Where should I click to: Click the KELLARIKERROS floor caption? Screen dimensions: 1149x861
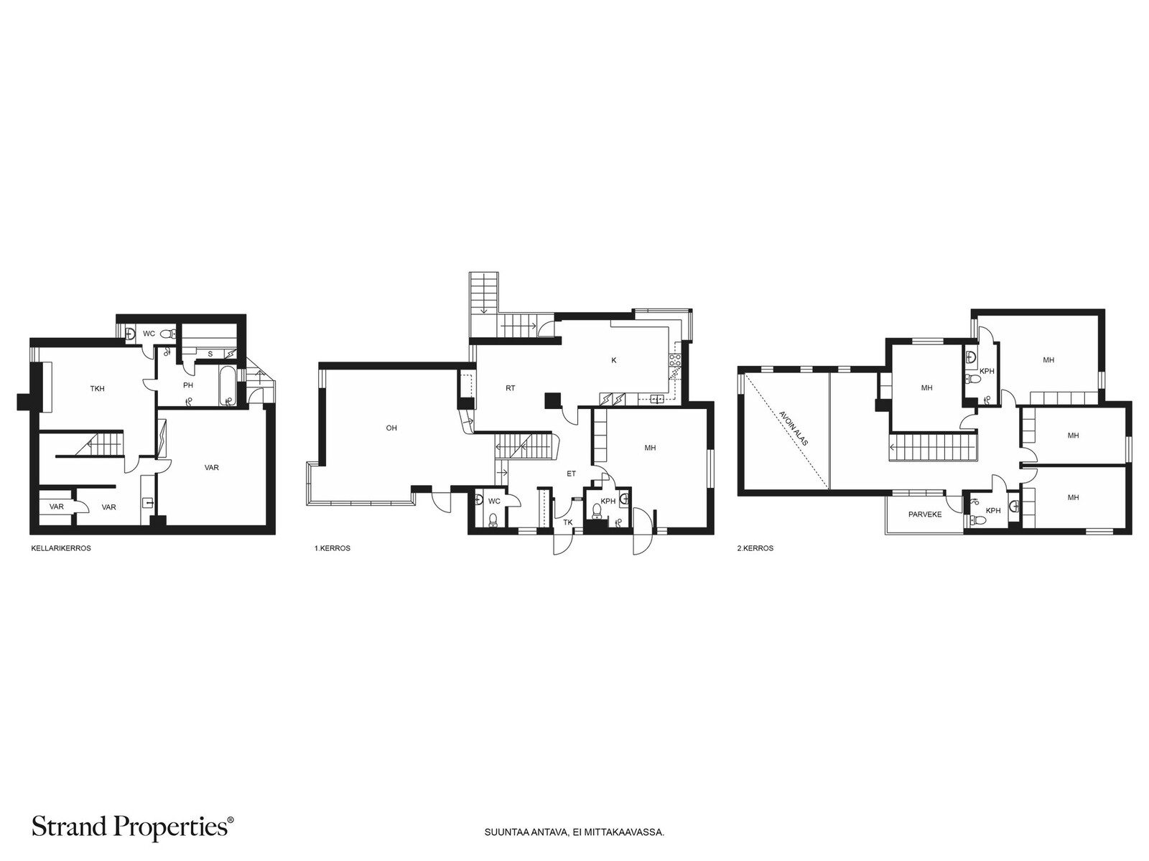tap(61, 548)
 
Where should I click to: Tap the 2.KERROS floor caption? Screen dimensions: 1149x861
tap(755, 548)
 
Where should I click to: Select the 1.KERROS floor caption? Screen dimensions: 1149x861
tap(332, 548)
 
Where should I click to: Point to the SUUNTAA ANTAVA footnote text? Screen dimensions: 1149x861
tap(574, 832)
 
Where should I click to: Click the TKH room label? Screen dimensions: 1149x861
tap(98, 389)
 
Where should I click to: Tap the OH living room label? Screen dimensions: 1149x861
tap(391, 428)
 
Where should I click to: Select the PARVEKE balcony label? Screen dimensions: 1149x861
tap(925, 514)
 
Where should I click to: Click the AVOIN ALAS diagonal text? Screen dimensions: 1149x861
tap(794, 428)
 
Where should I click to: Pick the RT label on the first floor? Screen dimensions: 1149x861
tap(511, 388)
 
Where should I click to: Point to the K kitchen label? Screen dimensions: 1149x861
tap(614, 360)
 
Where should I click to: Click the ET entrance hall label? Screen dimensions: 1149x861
tap(571, 474)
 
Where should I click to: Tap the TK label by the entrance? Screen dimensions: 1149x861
tap(568, 522)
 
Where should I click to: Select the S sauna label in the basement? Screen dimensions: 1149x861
tap(210, 354)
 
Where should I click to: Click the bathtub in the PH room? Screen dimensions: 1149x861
tap(227, 386)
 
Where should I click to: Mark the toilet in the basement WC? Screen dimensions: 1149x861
tap(167, 334)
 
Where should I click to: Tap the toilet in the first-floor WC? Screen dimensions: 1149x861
tap(493, 519)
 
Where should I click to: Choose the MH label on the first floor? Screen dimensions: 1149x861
tap(650, 448)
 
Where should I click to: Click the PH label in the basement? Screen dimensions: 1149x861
tap(188, 385)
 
